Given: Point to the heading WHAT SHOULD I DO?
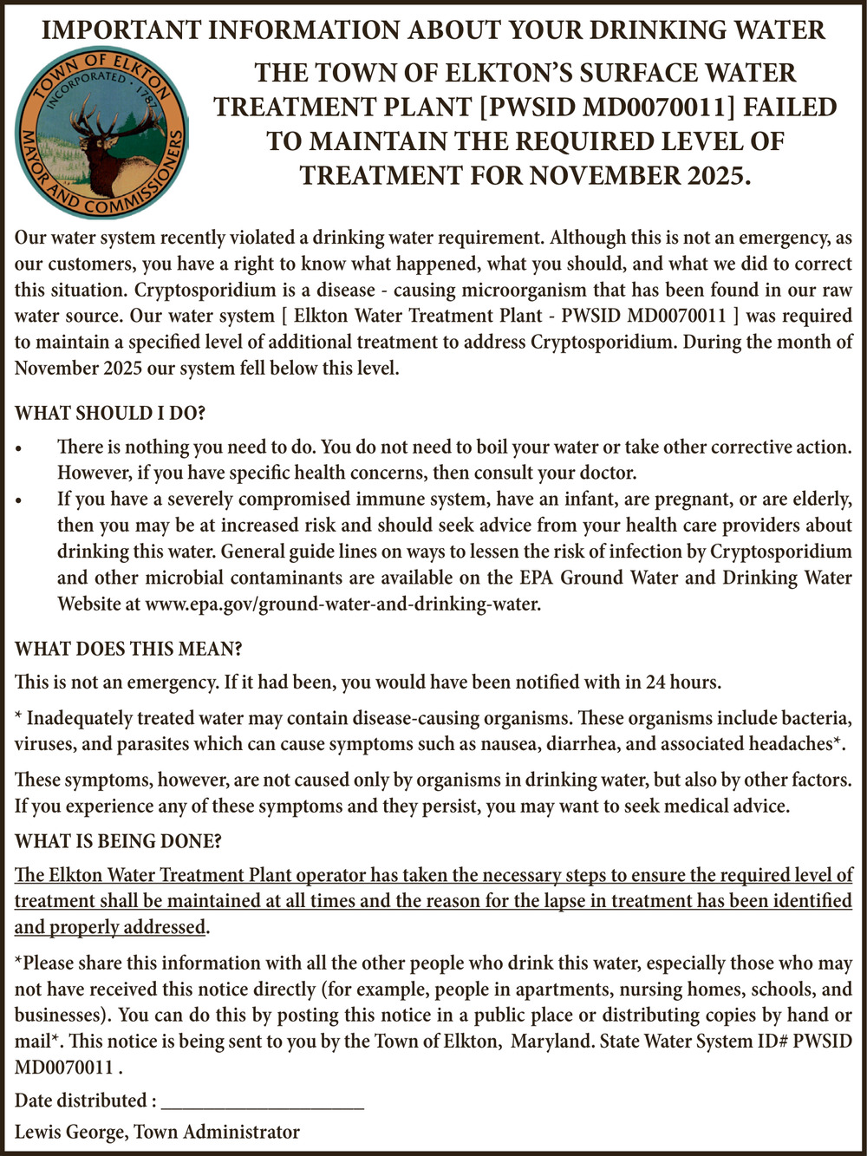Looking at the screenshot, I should pyautogui.click(x=110, y=413).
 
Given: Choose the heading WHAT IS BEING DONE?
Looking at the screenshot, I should pyautogui.click(x=118, y=840).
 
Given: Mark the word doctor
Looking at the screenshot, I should pyautogui.click(x=604, y=473).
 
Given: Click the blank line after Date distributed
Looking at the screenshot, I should pyautogui.click(x=263, y=1102).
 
